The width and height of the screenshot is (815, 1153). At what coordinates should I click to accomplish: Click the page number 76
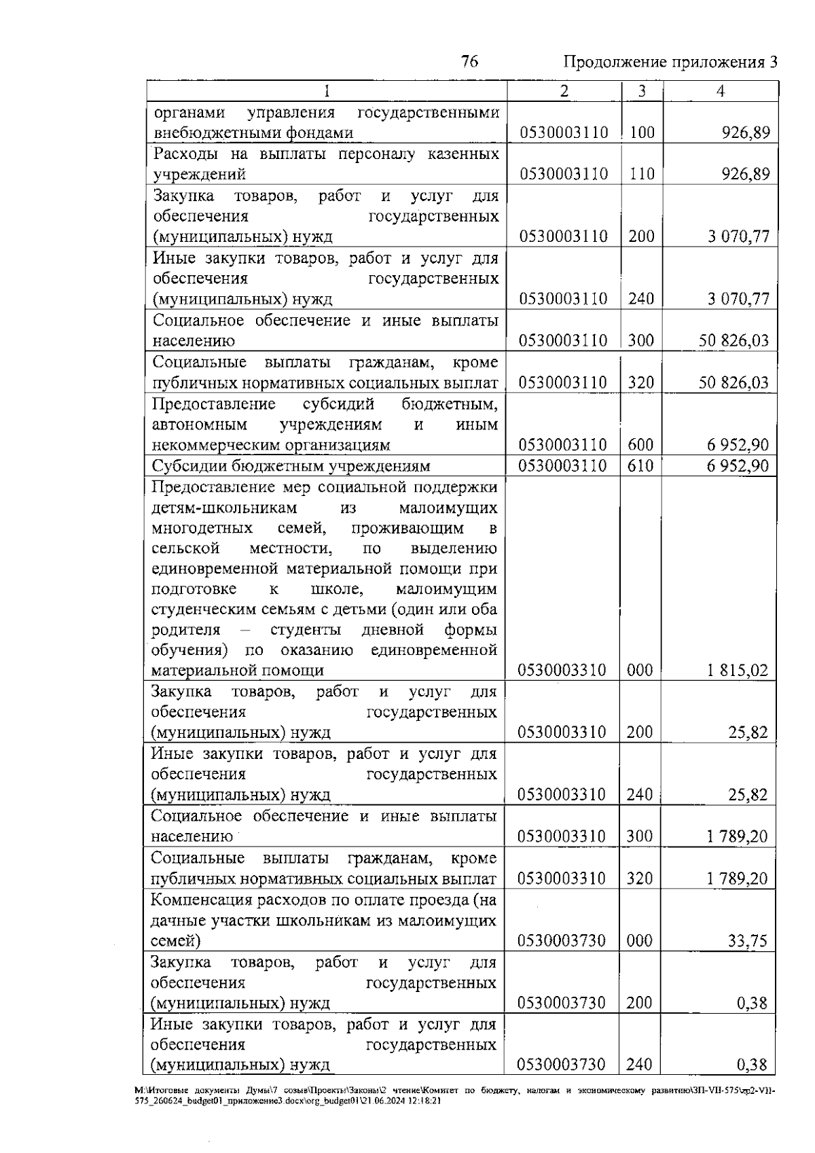click(x=469, y=62)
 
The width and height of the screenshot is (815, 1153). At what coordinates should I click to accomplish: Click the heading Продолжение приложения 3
click(x=670, y=63)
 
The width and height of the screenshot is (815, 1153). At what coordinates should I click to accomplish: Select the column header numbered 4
click(x=720, y=91)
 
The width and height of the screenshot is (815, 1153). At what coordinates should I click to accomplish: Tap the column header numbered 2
click(x=564, y=91)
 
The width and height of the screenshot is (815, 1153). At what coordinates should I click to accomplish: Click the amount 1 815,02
click(x=737, y=671)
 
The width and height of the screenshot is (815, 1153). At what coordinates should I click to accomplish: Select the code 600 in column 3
click(x=640, y=445)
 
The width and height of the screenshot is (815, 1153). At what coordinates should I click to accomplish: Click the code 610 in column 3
click(x=640, y=466)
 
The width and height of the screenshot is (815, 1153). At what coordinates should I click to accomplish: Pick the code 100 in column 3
click(x=642, y=132)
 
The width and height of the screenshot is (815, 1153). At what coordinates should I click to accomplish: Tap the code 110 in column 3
click(x=642, y=174)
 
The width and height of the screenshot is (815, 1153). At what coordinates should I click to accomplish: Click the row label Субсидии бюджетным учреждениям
click(x=291, y=466)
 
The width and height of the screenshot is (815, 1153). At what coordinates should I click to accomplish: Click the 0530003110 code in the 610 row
click(x=563, y=466)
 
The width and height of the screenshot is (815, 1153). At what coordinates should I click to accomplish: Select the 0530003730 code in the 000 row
click(x=561, y=941)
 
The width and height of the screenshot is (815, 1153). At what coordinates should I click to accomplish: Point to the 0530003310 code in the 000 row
click(x=561, y=671)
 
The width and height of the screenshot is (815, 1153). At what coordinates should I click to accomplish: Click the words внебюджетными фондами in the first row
click(x=253, y=133)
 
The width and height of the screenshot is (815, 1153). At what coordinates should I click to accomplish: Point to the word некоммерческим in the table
click(x=209, y=446)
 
